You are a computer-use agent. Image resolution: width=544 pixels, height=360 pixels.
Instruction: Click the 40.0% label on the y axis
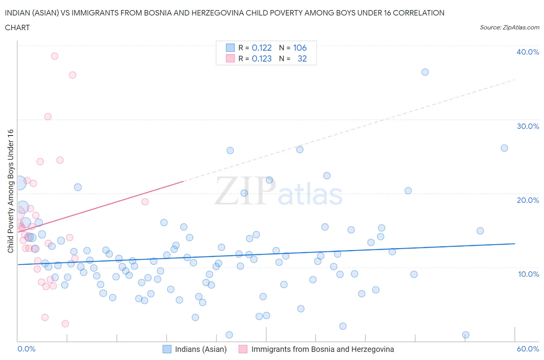point(527,52)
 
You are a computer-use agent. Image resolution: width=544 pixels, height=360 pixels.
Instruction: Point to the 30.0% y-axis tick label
point(527,126)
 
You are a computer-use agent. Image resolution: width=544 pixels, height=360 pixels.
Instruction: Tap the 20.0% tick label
point(527,200)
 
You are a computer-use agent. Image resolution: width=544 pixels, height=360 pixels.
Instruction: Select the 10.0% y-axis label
point(528,274)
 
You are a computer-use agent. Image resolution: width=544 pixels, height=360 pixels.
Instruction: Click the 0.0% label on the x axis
point(26,349)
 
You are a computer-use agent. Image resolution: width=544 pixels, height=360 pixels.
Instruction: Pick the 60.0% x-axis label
point(528,349)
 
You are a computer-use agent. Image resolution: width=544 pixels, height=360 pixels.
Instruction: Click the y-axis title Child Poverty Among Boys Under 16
point(10,191)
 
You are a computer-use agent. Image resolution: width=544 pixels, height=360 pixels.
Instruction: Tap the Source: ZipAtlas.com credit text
point(509,27)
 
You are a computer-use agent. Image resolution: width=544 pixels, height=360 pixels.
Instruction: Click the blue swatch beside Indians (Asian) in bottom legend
point(167,349)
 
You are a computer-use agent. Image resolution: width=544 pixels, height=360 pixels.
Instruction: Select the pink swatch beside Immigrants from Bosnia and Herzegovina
point(243,349)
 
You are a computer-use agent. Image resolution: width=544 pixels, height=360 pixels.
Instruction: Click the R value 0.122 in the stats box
point(262,48)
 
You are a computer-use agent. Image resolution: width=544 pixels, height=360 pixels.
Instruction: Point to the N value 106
point(300,48)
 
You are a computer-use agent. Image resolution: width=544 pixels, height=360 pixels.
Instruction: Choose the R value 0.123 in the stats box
point(262,58)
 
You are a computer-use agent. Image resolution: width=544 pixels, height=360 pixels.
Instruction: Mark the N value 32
point(302,58)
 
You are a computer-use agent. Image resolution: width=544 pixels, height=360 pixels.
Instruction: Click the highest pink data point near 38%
point(55,56)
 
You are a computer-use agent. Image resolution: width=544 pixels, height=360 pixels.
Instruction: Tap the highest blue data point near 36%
point(425,72)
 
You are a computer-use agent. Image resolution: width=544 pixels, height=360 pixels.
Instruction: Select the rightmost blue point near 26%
point(504,148)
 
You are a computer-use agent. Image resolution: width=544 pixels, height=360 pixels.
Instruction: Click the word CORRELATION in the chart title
point(419,13)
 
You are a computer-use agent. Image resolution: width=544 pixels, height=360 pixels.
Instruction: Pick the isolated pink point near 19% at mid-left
point(145,202)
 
